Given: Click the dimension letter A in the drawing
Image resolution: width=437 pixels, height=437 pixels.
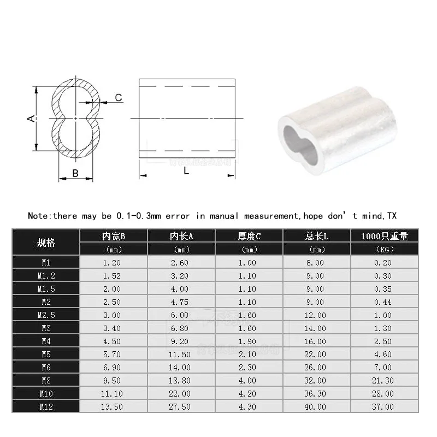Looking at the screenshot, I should point(32,118).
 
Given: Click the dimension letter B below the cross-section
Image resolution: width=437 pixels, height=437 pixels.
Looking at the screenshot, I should point(75,174).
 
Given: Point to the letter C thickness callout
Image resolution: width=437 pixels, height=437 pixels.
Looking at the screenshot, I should point(119,98).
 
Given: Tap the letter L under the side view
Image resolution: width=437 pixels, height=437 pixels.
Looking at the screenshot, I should point(186,171).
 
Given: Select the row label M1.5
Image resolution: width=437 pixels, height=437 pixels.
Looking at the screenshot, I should point(46,288).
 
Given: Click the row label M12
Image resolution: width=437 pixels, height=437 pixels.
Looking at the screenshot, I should point(46,406).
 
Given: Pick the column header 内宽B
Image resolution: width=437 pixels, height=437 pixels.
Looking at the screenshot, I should point(114,237).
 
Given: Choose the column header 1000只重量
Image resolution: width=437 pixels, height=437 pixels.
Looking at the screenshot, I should point(385,237).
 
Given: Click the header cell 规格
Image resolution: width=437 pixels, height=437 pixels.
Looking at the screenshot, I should point(46,243).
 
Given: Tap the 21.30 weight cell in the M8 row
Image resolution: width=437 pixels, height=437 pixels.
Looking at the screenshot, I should point(385,380).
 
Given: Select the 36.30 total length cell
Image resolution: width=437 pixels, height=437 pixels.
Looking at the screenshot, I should point(317,393).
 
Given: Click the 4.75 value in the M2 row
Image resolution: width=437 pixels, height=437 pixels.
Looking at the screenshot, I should point(181,302).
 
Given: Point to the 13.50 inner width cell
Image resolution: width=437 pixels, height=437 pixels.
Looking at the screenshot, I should point(114,406).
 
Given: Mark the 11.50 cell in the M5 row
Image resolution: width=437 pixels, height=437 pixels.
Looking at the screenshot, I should point(181,354).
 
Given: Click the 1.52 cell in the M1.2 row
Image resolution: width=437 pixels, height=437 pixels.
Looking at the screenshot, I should point(114,275).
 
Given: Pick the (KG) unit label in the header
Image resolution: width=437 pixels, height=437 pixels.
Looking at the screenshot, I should point(385,250).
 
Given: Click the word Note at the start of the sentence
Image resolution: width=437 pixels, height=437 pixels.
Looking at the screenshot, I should point(39,216).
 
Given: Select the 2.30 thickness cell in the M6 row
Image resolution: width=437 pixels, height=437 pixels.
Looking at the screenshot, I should point(249,367).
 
